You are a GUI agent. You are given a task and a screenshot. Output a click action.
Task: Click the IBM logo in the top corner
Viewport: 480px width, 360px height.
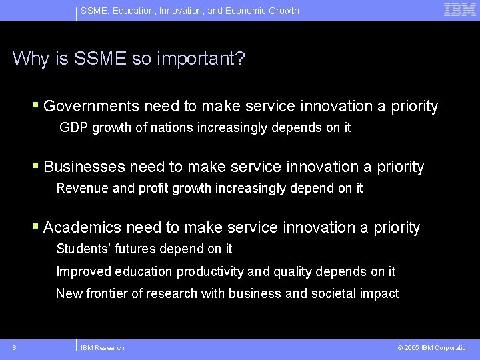pyautogui.click(x=459, y=10)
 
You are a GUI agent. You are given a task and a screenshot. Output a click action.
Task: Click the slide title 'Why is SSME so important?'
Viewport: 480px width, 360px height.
pyautogui.click(x=129, y=59)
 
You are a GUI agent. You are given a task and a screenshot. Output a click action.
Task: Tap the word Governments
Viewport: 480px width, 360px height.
pyautogui.click(x=91, y=106)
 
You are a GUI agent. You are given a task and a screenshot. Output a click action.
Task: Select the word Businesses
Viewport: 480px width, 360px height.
pyautogui.click(x=84, y=167)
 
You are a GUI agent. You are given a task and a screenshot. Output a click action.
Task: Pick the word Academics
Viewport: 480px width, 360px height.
pyautogui.click(x=82, y=227)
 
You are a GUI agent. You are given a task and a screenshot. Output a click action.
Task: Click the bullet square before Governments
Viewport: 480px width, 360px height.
pyautogui.click(x=36, y=105)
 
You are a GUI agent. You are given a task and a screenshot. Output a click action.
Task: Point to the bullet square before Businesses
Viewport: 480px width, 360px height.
pyautogui.click(x=36, y=166)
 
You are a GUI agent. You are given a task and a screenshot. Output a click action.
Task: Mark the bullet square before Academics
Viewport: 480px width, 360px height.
pyautogui.click(x=36, y=227)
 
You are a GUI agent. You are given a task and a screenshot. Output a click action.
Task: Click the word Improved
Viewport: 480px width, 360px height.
pyautogui.click(x=83, y=271)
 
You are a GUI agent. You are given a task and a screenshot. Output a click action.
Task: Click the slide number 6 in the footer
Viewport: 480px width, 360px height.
pyautogui.click(x=14, y=347)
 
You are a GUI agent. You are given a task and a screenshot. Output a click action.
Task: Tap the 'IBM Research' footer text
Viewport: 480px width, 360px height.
pyautogui.click(x=102, y=347)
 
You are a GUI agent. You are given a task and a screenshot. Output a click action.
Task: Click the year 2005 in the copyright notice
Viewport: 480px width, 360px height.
pyautogui.click(x=411, y=347)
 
